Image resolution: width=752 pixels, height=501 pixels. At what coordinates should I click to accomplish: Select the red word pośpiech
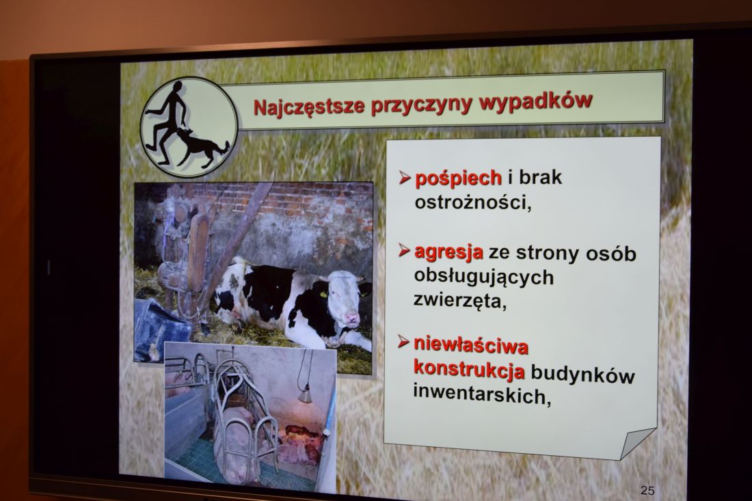click(x=458, y=178)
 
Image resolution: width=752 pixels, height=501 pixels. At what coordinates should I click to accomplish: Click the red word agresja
click(x=448, y=252)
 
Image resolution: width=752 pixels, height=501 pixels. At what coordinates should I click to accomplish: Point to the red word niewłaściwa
click(x=470, y=345)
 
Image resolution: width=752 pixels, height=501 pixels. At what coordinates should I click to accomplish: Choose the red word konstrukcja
click(x=468, y=369)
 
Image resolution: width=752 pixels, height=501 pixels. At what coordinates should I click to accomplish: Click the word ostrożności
click(x=473, y=202)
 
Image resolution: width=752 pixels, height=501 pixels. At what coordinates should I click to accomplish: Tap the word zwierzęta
click(x=459, y=301)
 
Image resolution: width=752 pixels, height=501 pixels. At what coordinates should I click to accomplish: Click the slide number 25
click(x=647, y=490)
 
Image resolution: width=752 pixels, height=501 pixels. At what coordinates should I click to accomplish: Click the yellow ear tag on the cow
click(x=323, y=294)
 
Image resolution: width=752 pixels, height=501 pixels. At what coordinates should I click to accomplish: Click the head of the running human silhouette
click(x=178, y=87)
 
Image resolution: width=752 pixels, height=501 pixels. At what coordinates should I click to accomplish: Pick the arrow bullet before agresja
click(x=404, y=250)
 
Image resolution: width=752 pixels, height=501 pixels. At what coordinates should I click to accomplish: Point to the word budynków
click(x=582, y=374)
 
